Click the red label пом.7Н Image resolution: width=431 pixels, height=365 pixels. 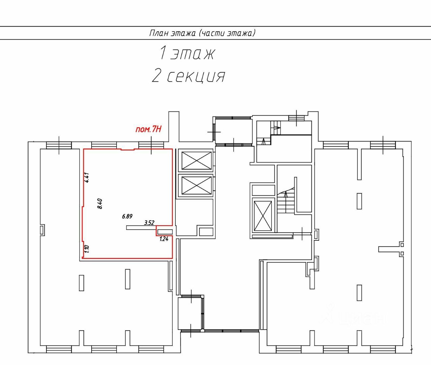click(148, 129)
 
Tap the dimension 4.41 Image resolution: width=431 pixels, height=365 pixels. click(87, 177)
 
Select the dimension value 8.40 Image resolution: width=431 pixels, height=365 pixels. click(100, 204)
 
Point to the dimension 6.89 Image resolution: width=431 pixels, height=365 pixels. click(127, 217)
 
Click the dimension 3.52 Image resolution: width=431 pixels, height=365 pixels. click(149, 223)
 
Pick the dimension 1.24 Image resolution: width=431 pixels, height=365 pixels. click(164, 239)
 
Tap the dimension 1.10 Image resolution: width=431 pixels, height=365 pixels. click(87, 248)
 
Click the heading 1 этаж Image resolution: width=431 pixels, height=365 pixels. click(187, 53)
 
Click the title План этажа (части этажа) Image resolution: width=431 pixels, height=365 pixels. click(202, 33)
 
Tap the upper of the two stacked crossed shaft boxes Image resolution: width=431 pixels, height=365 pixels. click(196, 161)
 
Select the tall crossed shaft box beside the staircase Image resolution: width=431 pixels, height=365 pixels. click(263, 216)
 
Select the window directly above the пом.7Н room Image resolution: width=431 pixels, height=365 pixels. click(151, 145)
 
